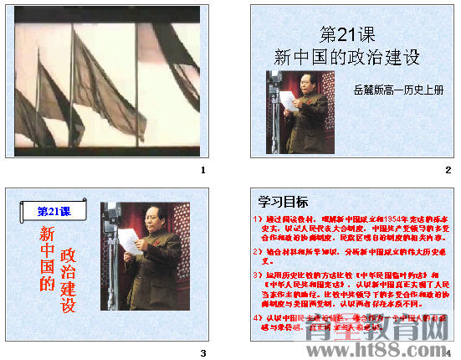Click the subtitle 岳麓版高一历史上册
397,89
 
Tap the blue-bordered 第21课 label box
52,211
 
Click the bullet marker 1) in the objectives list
259,219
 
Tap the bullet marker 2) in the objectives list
259,250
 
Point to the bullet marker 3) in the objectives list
259,274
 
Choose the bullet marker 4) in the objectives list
259,319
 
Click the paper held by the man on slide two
287,100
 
